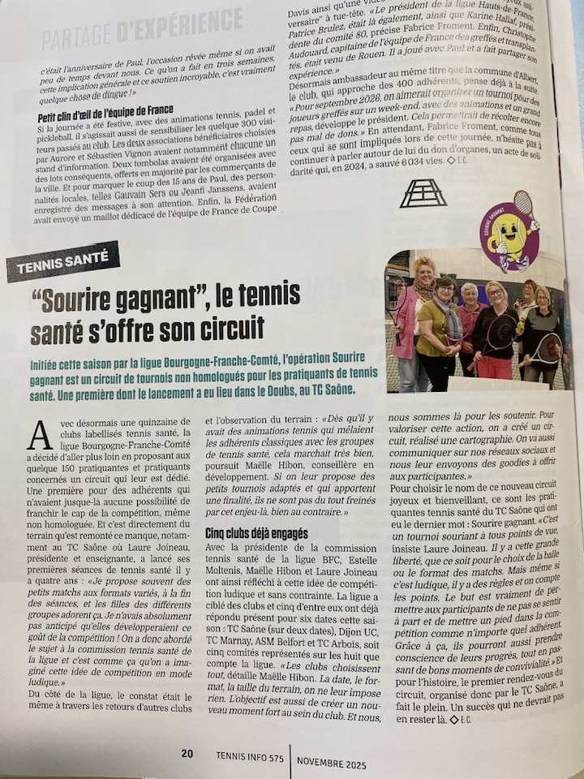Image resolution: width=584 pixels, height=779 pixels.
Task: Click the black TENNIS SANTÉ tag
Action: [x=63, y=261]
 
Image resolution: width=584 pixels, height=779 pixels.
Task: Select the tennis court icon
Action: [x=423, y=193]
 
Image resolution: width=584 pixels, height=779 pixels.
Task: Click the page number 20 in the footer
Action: [x=187, y=754]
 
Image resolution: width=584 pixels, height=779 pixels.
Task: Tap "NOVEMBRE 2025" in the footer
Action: [x=331, y=764]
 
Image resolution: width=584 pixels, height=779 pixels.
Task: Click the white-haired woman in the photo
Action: [x=469, y=312]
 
